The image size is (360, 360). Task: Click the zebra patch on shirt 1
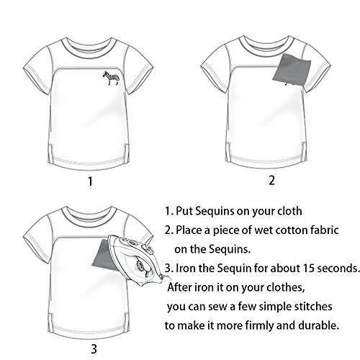click(111, 78)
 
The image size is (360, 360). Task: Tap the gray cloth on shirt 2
click(292, 70)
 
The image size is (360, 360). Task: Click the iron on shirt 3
click(136, 260)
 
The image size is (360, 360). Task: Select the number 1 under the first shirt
click(90, 181)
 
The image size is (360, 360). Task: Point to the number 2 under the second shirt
click(271, 181)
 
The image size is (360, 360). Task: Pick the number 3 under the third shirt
click(94, 349)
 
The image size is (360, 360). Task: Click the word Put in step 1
click(184, 211)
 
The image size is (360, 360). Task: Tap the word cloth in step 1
click(289, 211)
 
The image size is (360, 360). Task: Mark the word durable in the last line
click(319, 325)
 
